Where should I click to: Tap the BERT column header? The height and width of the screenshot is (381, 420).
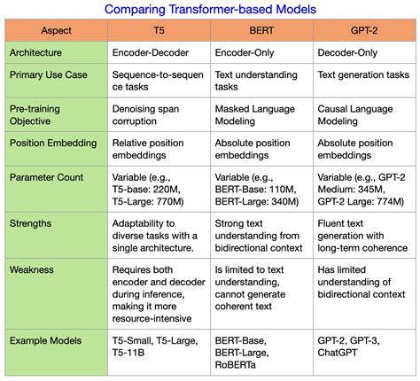[261, 30]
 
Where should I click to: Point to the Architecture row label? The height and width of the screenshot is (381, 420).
[42, 52]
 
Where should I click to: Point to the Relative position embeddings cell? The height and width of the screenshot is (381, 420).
[152, 150]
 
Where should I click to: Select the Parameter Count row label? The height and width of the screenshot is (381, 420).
[45, 177]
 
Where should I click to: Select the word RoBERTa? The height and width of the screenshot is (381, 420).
[239, 365]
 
